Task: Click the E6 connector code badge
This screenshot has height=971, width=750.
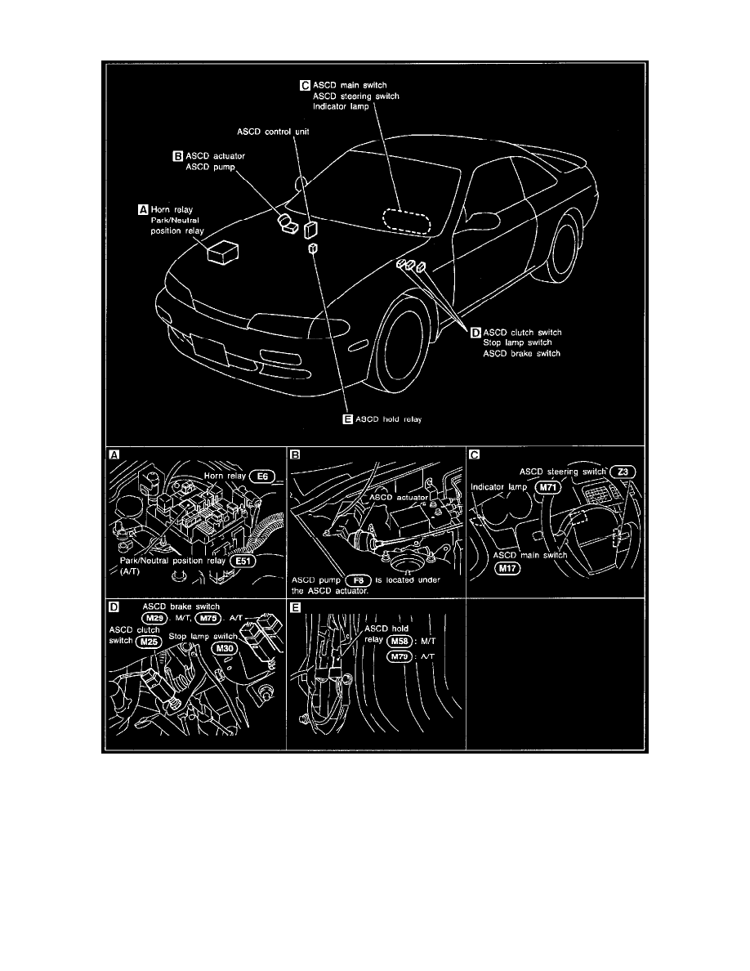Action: coord(262,477)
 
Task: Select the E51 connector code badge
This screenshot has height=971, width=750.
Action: coord(243,561)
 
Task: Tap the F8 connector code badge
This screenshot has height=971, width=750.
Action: coord(359,580)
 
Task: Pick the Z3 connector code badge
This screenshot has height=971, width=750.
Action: coord(623,472)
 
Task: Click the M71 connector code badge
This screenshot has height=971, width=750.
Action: coord(547,487)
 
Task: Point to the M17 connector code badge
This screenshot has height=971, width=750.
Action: coord(507,568)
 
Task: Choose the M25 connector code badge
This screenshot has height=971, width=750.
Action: coord(149,642)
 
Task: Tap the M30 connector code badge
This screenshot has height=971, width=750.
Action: coord(225,648)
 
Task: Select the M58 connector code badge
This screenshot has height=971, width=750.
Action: coord(400,641)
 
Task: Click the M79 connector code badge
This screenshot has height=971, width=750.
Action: coord(400,656)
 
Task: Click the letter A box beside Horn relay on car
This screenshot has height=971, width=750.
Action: coord(143,209)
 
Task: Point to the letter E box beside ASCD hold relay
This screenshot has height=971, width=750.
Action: coord(348,419)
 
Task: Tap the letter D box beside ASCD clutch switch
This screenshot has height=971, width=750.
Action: coord(475,333)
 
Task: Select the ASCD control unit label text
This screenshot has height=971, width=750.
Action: coord(273,132)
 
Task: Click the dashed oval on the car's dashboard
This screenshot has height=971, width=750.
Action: coord(407,221)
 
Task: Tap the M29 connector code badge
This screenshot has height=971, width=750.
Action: coord(154,618)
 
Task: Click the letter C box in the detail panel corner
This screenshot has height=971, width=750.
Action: coord(475,455)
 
